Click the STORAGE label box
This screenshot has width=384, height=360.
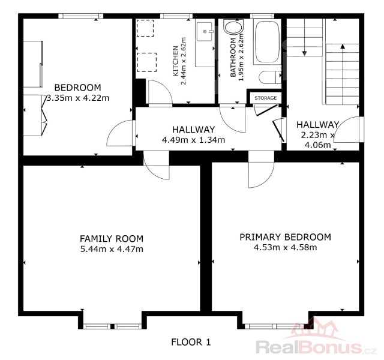(x=265, y=98)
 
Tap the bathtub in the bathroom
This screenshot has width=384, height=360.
(x=267, y=42)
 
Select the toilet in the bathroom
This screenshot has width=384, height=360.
(x=270, y=77)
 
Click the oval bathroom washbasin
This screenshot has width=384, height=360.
(x=233, y=27)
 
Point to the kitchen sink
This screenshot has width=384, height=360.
(x=204, y=31)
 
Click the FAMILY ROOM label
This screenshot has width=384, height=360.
(x=112, y=239)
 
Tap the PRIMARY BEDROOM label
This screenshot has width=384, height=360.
(x=286, y=237)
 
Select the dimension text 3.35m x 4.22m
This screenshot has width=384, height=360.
(x=77, y=98)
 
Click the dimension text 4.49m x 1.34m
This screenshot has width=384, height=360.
(x=193, y=140)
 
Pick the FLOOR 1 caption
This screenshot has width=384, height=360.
(x=191, y=342)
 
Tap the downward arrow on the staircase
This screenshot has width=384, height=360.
(x=304, y=37)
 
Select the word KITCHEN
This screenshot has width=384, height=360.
(x=176, y=61)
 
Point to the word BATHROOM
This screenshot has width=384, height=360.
(x=233, y=58)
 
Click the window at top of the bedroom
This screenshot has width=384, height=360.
(x=80, y=16)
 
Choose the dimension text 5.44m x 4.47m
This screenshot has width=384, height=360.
(x=112, y=249)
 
